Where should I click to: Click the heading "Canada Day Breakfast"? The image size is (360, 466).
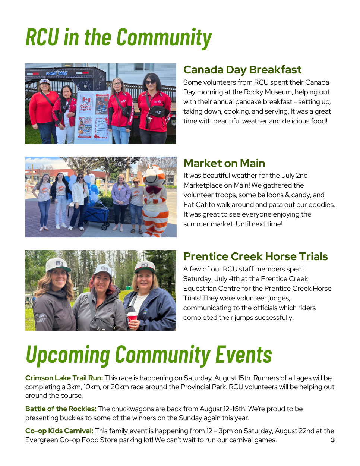242,70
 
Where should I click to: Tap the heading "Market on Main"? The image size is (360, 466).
224,163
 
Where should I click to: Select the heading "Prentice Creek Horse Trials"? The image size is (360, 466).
255,256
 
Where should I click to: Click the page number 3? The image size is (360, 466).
332,440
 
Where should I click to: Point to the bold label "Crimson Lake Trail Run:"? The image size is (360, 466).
64,378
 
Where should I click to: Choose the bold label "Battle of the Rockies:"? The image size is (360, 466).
61,409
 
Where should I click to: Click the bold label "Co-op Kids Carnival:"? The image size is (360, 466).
59,431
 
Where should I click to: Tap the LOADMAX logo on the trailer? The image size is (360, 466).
57,73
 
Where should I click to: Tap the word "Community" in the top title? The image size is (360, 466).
164,38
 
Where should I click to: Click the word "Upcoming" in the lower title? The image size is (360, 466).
68,355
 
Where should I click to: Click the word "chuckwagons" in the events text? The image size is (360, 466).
132,409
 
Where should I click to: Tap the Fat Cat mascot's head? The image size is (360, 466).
154,175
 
